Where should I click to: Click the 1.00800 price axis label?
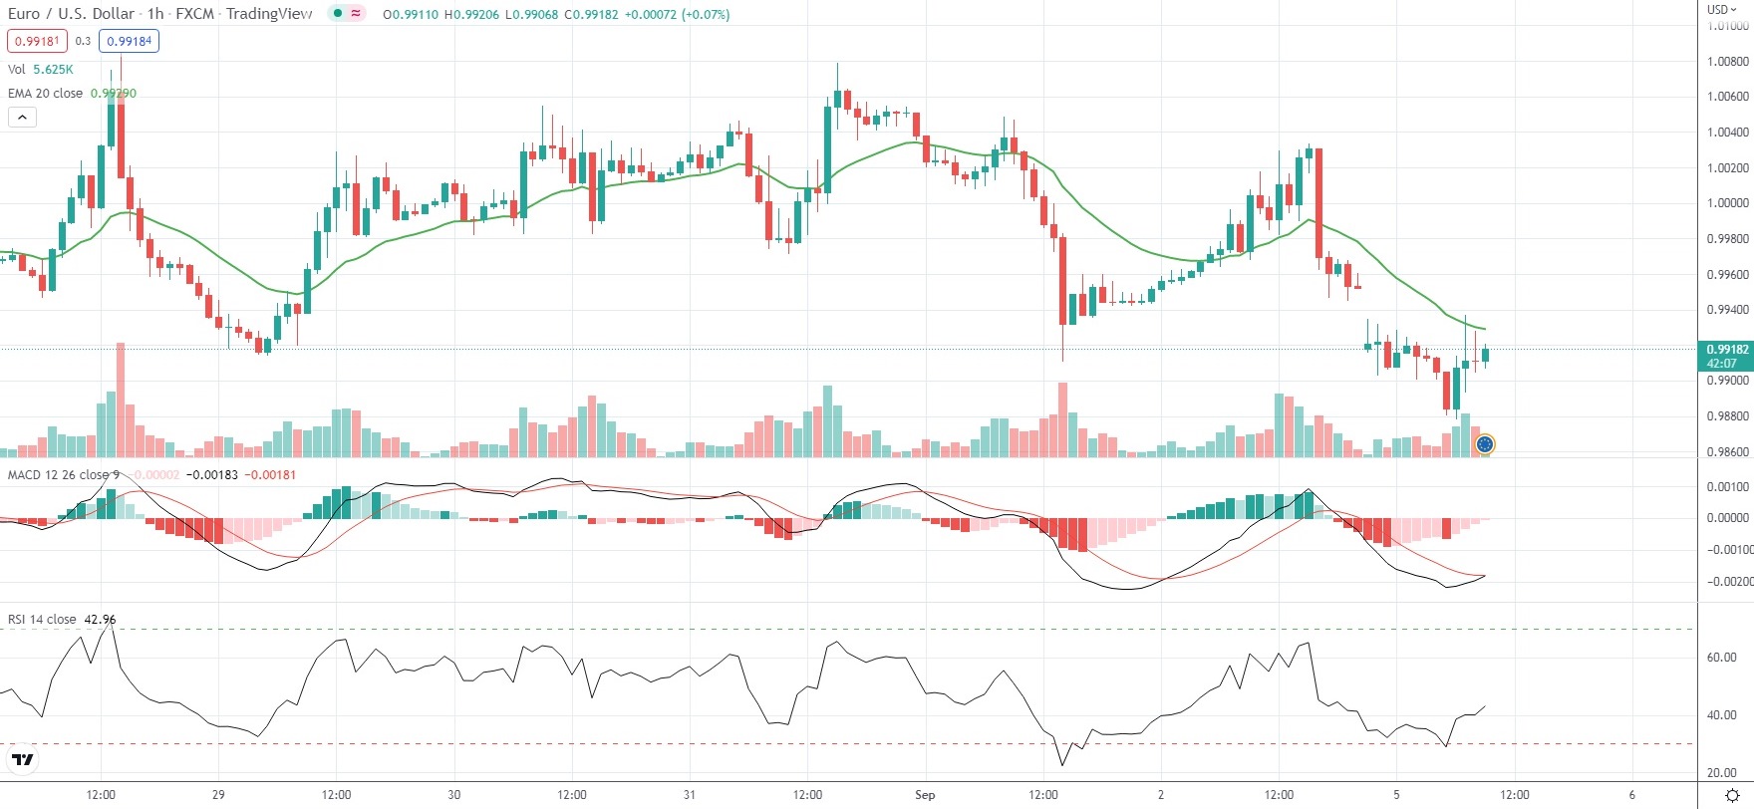[1727, 62]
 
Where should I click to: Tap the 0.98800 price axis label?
[1727, 416]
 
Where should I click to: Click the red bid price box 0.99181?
[36, 41]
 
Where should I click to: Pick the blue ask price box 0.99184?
[129, 41]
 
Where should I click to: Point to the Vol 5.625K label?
[40, 70]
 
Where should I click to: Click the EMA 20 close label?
[46, 93]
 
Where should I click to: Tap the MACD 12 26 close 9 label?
[63, 474]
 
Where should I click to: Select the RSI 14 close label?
[42, 620]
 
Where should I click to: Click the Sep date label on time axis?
[925, 794]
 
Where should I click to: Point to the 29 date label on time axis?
[218, 794]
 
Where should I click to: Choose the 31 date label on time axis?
[690, 794]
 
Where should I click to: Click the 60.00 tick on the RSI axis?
[1722, 658]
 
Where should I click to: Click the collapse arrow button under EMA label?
[22, 118]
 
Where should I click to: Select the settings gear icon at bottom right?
[1733, 794]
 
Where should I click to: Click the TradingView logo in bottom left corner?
[22, 760]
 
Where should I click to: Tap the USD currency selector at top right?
[1721, 9]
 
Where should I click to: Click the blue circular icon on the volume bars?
[1484, 444]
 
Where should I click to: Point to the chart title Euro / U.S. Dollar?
[71, 14]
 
